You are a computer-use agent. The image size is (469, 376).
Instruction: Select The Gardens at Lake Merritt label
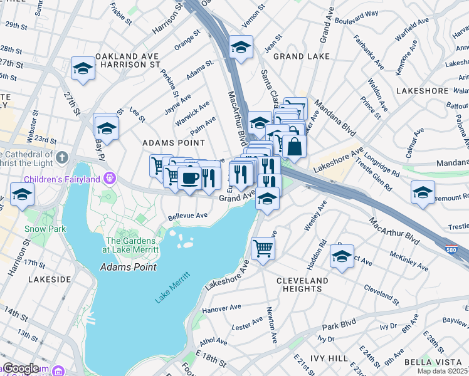click(x=132, y=245)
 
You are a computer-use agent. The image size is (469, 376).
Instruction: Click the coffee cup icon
click(x=189, y=178)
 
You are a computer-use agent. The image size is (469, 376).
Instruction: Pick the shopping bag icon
click(x=293, y=147)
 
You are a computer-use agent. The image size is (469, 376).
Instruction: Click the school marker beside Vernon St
click(x=240, y=47)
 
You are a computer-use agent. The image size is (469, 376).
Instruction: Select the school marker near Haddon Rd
click(x=342, y=257)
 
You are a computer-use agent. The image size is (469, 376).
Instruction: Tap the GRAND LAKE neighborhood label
click(x=296, y=56)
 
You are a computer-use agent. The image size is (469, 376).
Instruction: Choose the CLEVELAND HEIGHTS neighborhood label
click(x=302, y=285)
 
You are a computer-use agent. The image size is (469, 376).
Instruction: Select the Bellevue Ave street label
click(x=187, y=216)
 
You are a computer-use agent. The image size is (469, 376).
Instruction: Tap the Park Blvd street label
click(x=339, y=327)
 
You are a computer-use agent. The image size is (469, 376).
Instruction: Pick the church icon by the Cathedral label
click(x=61, y=157)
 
